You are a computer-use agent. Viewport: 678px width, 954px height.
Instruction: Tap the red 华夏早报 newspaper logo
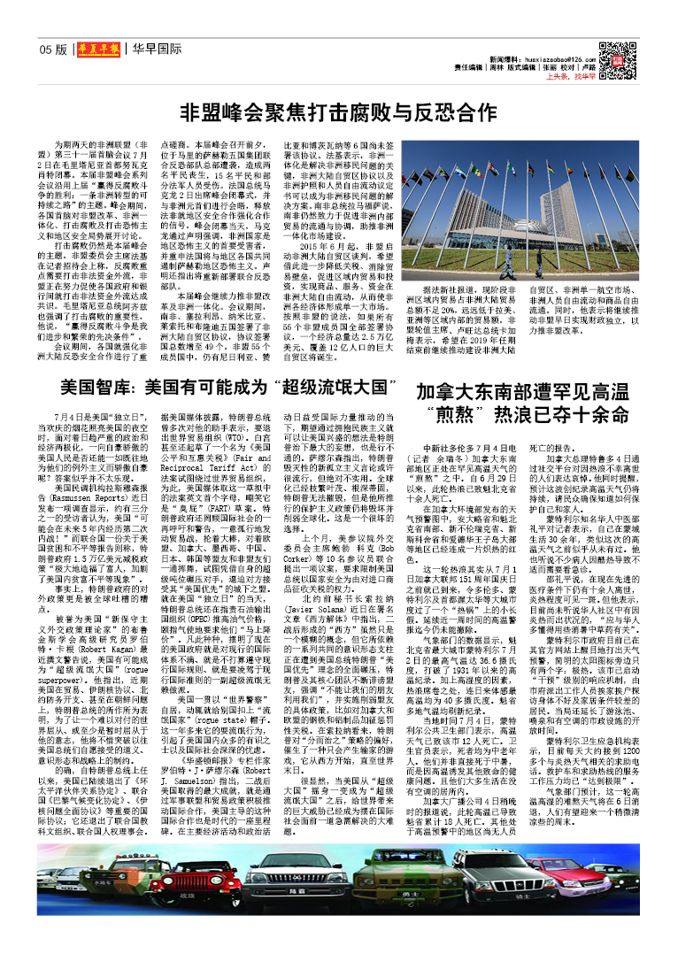point(96,50)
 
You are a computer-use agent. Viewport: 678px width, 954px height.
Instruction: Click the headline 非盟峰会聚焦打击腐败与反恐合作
point(338,112)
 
